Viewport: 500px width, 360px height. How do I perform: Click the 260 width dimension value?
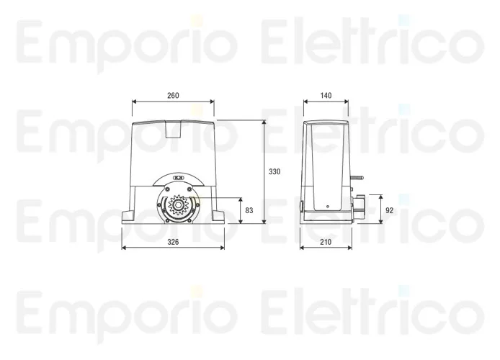coord(173,95)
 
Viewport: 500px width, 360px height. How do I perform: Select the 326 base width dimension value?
coord(173,242)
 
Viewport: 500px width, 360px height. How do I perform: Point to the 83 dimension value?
coord(249,210)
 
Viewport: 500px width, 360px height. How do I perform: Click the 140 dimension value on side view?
coord(326,95)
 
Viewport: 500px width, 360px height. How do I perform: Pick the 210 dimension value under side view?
coord(326,242)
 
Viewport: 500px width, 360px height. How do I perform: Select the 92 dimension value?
coord(390,210)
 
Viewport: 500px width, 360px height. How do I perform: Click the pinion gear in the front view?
coord(177,205)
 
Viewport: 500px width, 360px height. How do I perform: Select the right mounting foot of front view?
coord(218,214)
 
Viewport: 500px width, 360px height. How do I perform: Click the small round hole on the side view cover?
coord(328,207)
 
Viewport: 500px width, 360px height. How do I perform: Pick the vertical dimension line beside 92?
coord(380,210)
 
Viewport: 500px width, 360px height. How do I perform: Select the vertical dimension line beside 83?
coord(240,210)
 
